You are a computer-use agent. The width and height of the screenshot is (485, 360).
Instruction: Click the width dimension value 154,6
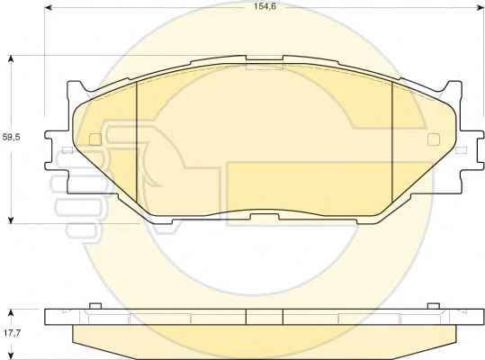(x=265, y=6)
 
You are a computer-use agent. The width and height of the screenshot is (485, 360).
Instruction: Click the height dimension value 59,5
(x=11, y=137)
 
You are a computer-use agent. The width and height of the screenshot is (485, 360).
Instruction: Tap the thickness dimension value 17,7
(x=13, y=333)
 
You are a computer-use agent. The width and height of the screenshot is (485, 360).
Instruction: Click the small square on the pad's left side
(x=95, y=139)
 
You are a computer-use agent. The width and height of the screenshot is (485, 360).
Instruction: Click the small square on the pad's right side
(x=434, y=139)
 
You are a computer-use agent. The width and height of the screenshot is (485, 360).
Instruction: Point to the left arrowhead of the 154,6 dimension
(x=48, y=8)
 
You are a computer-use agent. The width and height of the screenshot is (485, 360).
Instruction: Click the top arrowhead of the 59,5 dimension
(x=11, y=58)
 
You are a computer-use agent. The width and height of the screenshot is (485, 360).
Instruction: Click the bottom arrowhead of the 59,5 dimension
(x=11, y=220)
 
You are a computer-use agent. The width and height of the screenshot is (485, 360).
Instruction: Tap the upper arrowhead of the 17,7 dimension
(x=11, y=312)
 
